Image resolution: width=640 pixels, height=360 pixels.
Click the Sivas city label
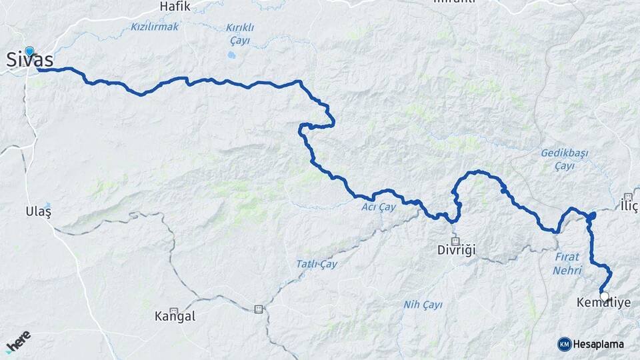29,59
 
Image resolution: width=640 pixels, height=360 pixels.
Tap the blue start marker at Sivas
29,51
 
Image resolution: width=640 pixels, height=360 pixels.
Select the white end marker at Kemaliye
604,296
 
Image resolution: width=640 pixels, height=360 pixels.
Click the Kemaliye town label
603,303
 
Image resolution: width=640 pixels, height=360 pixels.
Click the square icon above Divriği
455,241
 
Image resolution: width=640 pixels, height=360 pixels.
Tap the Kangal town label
175,316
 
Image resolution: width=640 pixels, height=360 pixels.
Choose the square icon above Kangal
173,310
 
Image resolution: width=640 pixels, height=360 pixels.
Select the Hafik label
175,7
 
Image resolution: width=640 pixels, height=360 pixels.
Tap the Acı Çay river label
379,207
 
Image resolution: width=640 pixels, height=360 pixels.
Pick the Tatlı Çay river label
317,264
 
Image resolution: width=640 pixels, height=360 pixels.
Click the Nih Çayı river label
423,305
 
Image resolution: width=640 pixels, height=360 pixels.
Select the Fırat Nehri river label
567,263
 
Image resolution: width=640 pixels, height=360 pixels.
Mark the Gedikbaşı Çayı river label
564,159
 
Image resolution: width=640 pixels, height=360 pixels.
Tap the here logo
18,341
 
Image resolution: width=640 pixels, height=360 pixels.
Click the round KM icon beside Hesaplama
565,344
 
